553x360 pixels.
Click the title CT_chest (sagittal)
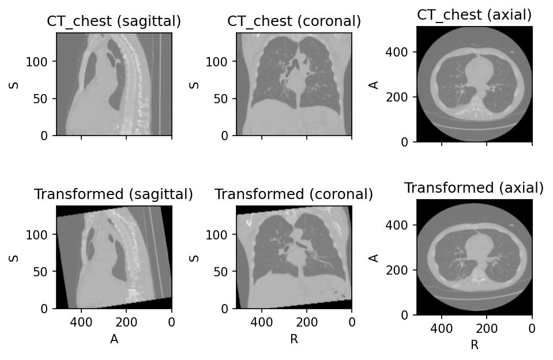(x=114, y=21)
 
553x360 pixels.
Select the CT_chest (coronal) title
(x=294, y=21)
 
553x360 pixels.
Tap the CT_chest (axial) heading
(x=475, y=15)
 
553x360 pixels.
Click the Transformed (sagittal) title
(x=114, y=194)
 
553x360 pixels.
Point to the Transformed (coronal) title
(x=294, y=194)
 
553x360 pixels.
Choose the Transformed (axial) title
(x=474, y=187)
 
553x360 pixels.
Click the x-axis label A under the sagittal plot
(x=114, y=339)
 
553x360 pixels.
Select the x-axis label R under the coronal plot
(x=294, y=339)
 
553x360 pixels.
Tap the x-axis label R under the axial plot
(x=475, y=345)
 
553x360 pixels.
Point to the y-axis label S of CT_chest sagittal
(x=14, y=85)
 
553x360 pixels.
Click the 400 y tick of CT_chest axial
(x=396, y=52)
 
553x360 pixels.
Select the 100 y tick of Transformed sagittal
(x=36, y=235)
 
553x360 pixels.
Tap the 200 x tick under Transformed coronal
(x=306, y=322)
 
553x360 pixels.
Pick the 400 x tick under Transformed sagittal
(x=81, y=322)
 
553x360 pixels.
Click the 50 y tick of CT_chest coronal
(x=220, y=99)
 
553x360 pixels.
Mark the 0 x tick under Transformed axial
(x=532, y=329)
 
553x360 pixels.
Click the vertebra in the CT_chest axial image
(x=476, y=106)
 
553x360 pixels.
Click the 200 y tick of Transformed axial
(x=396, y=271)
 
